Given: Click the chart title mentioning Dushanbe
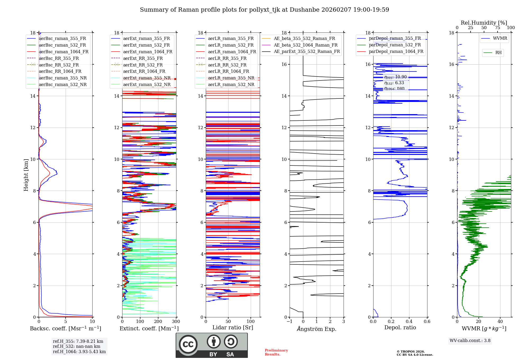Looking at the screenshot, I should click(264, 10).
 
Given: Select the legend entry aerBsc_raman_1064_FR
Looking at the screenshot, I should click(63, 52).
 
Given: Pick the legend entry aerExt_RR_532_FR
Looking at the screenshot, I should click(143, 65).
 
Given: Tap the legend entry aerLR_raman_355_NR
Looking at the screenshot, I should click(231, 78).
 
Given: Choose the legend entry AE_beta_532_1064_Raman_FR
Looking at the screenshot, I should click(305, 45).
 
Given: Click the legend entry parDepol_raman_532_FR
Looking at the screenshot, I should click(395, 45).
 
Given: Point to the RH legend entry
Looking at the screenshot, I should click(498, 53).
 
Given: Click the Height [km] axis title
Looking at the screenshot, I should click(26, 175).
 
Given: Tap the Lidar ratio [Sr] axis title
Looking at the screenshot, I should click(233, 327).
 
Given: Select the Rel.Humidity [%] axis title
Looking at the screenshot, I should click(484, 23).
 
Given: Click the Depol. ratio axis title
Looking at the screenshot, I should click(400, 327).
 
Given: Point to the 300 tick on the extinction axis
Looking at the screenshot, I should click(176, 322).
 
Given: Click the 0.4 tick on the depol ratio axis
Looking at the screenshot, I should click(409, 322).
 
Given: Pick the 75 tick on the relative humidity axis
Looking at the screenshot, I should click(497, 28).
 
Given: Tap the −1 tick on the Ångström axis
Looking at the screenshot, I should click(290, 322).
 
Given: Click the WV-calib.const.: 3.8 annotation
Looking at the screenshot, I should click(470, 341).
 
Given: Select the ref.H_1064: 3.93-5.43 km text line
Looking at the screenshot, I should click(79, 352).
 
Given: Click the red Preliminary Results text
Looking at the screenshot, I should click(276, 352).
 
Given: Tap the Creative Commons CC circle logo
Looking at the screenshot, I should click(188, 344).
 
